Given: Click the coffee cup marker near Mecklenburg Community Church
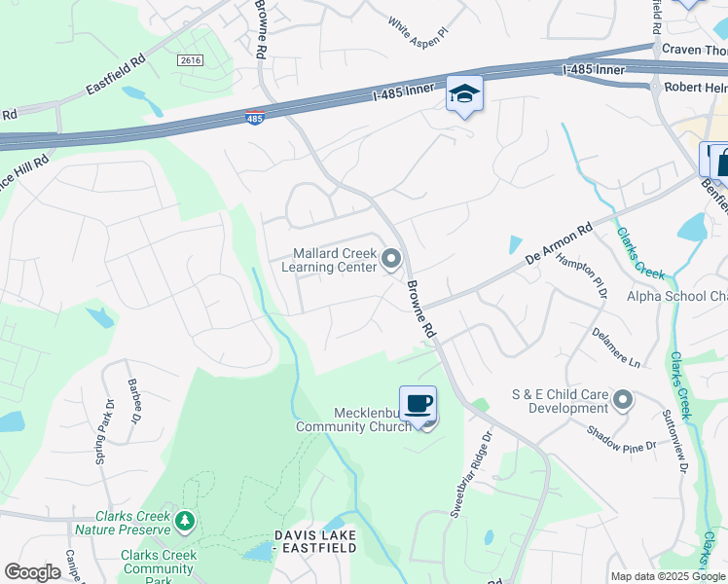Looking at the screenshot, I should coord(419,402).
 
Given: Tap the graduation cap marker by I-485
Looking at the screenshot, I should coord(464,93).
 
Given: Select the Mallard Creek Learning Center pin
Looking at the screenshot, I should coord(391,259).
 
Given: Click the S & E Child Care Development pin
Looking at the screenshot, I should coord(623,400).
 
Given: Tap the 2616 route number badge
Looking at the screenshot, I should coord(191,60).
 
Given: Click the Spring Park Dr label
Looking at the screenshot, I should coord(103,429).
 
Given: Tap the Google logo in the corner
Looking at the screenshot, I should coord(32,572).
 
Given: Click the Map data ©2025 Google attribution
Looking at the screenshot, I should coord(667,576).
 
